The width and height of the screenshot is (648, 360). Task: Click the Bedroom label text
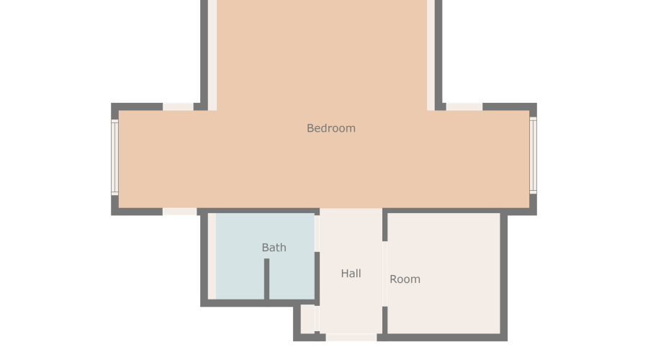click(x=331, y=128)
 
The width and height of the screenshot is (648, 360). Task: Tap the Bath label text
click(x=274, y=248)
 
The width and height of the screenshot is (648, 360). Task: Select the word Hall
click(x=351, y=273)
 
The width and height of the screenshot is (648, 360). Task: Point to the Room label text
click(x=405, y=279)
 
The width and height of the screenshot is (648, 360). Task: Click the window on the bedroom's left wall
click(x=115, y=157)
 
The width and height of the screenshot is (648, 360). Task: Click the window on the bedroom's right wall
click(x=533, y=156)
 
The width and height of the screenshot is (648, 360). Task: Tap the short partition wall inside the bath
click(x=266, y=279)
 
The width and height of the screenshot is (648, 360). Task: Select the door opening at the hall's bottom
click(x=351, y=337)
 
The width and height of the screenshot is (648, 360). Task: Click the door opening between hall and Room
click(x=384, y=274)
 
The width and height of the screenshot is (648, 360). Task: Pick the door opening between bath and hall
click(x=317, y=233)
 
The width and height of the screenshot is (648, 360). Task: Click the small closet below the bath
click(x=307, y=319)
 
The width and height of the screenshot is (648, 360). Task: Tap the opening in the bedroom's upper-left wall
click(x=178, y=107)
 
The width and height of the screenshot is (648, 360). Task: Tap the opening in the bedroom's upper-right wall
click(x=464, y=107)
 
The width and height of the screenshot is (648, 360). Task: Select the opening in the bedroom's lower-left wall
click(x=180, y=212)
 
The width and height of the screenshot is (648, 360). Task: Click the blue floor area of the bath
click(x=265, y=256)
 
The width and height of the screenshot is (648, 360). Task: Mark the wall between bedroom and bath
click(x=258, y=212)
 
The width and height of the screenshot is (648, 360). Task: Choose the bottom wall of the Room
click(x=442, y=337)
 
